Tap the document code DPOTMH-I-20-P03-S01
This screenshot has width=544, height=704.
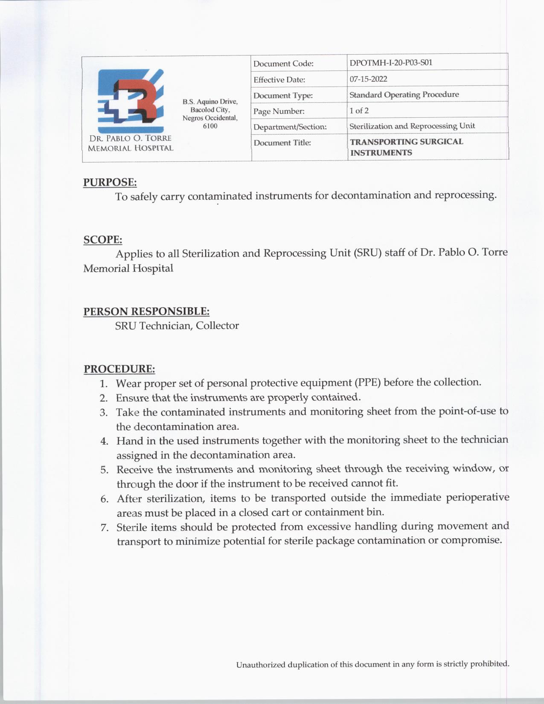point(391,63)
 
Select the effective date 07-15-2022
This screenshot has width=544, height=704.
point(368,79)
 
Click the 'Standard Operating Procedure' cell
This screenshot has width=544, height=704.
point(404,95)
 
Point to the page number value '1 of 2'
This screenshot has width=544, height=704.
point(359,111)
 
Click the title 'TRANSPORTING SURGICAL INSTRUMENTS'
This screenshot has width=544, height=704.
point(406,147)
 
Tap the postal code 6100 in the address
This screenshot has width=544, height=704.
point(210,126)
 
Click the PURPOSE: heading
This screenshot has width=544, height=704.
point(110,182)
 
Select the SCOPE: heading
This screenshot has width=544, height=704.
point(102,239)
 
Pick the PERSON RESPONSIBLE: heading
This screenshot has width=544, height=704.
point(146,311)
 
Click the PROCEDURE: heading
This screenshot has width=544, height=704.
point(119,369)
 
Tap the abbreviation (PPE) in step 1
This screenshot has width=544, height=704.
point(367,382)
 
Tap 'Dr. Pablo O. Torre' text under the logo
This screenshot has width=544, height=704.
point(130,138)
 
